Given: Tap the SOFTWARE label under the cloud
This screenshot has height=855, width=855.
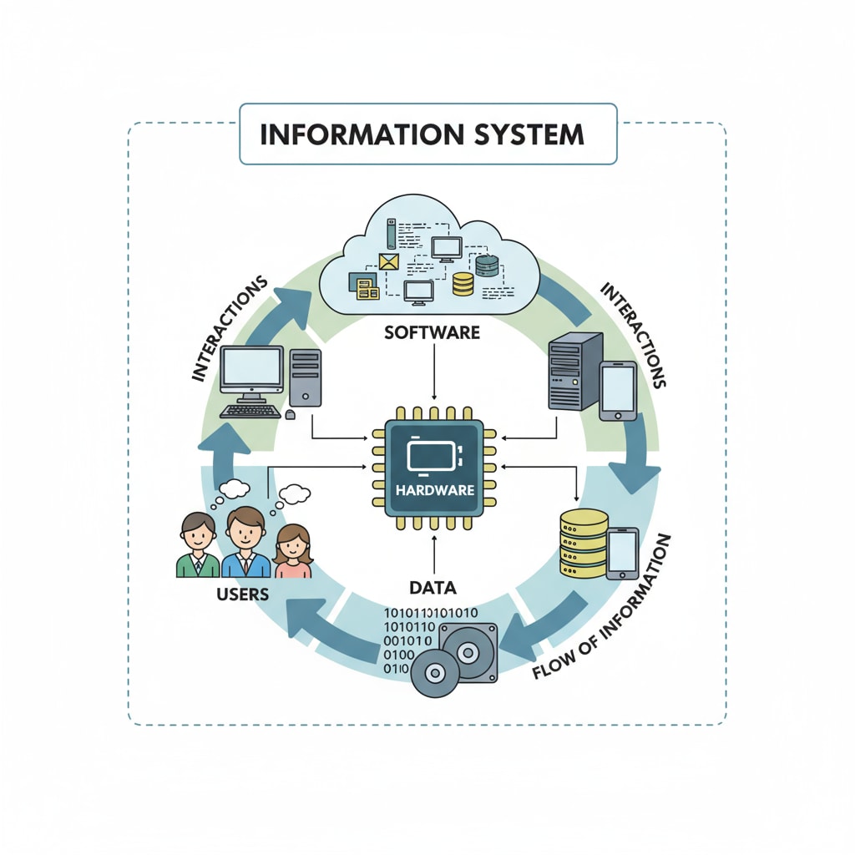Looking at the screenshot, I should coord(432,332).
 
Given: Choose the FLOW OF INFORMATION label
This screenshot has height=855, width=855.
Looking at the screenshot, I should coord(603,610).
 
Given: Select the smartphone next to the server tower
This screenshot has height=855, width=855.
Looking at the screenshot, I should coord(618,389).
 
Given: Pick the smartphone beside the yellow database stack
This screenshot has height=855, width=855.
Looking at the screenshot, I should coord(622,554).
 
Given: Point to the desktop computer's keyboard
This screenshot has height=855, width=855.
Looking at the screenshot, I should coord(250,410).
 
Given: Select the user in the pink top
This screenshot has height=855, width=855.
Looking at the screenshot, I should coord(293,554).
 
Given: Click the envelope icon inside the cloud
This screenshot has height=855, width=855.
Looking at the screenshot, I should coord(390,261).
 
